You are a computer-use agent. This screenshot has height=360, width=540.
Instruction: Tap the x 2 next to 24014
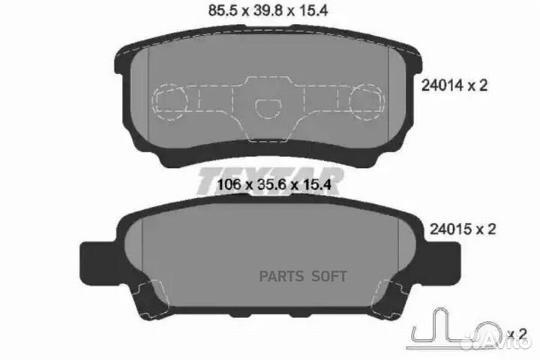[x=478, y=85]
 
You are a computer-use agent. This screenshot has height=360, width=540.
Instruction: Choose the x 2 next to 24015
[x=478, y=229]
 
